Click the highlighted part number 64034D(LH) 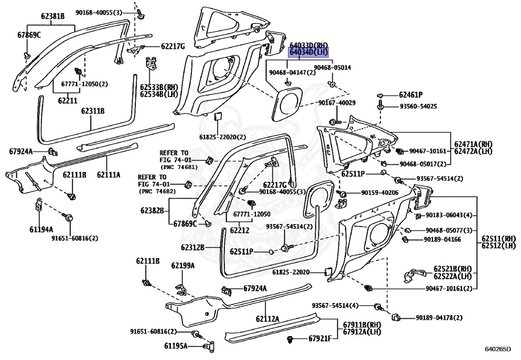309,52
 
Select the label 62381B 53,16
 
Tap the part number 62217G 173,46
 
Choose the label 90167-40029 337,103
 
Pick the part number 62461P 411,95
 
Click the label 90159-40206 380,193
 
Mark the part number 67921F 320,339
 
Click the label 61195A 176,346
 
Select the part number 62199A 183,265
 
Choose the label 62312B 192,247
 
